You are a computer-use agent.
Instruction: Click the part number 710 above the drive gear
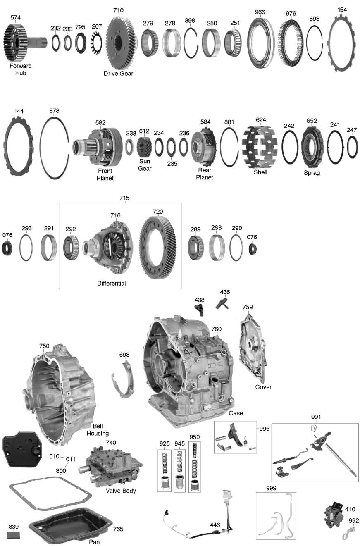(x=118, y=10)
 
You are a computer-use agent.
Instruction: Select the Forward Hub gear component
(x=25, y=42)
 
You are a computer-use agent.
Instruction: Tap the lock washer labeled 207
(x=96, y=43)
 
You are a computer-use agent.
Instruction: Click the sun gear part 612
(x=144, y=147)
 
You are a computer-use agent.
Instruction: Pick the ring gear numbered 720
(x=158, y=247)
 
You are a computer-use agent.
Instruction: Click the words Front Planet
(x=105, y=174)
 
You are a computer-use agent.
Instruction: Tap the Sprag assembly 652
(x=312, y=147)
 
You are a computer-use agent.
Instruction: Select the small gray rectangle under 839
(x=13, y=535)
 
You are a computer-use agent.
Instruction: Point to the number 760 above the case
(x=216, y=329)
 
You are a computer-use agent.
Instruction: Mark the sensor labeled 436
(x=222, y=303)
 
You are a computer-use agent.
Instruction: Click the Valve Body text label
(x=121, y=491)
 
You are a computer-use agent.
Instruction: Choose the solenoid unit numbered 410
(x=334, y=514)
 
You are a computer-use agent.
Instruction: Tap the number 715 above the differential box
(x=124, y=198)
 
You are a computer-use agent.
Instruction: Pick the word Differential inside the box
(x=111, y=283)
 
